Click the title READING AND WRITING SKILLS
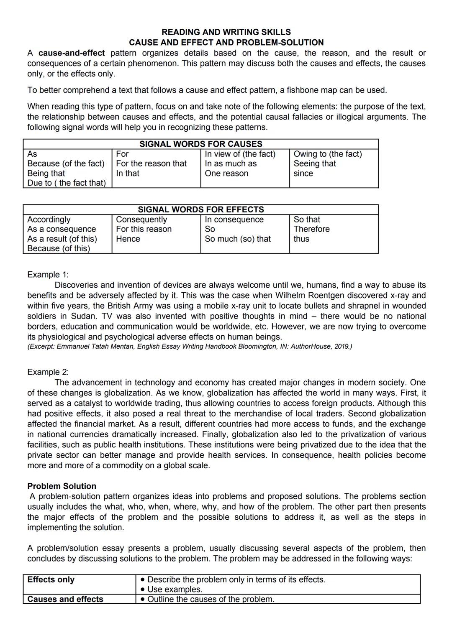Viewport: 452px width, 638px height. click(226, 32)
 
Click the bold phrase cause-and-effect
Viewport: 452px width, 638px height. click(72, 53)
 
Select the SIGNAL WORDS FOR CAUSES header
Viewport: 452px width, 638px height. click(200, 144)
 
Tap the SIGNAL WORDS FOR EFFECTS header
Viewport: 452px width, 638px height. click(200, 209)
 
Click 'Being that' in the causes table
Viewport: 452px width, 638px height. click(46, 174)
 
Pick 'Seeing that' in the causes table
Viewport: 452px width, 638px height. click(314, 164)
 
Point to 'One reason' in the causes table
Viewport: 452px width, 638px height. click(226, 174)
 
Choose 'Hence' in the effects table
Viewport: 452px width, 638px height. click(128, 239)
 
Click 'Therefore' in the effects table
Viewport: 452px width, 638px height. click(311, 229)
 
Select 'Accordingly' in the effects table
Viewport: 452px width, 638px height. click(49, 219)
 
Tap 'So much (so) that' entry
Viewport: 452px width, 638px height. click(237, 239)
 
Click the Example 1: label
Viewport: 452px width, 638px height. click(48, 275)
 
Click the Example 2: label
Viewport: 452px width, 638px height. click(48, 372)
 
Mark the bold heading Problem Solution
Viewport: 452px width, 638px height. click(62, 486)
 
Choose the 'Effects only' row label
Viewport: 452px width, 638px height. click(51, 580)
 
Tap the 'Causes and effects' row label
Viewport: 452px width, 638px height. click(65, 599)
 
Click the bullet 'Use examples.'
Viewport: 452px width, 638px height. click(175, 590)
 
